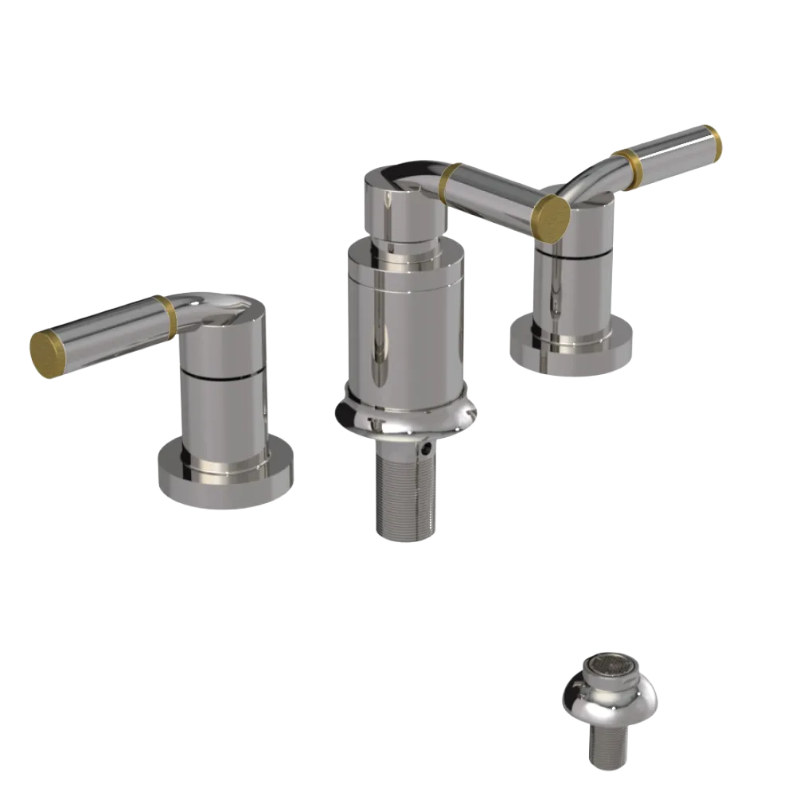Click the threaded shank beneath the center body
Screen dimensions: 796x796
coord(405,494)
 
